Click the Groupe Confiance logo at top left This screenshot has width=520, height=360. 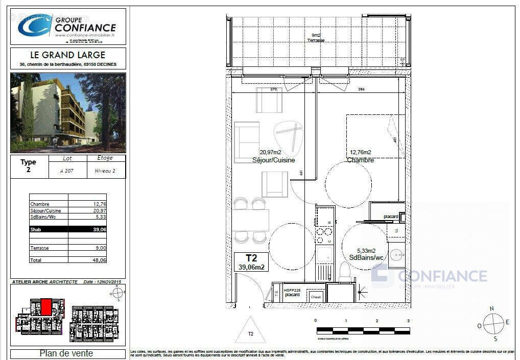pyautogui.click(x=67, y=26)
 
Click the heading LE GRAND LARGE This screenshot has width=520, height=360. pyautogui.click(x=67, y=55)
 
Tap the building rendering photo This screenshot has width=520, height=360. pyautogui.click(x=67, y=112)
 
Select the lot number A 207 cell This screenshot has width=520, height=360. pyautogui.click(x=66, y=171)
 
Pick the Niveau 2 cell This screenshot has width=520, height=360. pyautogui.click(x=105, y=171)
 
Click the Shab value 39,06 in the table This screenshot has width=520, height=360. pyautogui.click(x=99, y=230)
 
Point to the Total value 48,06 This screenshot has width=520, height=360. pyautogui.click(x=99, y=260)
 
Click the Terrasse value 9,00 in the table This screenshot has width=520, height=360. pyautogui.click(x=100, y=248)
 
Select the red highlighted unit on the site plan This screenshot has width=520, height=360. pyautogui.click(x=46, y=307)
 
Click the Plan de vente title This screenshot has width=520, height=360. pyautogui.click(x=66, y=353)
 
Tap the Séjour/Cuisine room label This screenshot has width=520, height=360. pyautogui.click(x=273, y=160)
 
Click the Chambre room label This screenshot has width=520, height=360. pyautogui.click(x=360, y=160)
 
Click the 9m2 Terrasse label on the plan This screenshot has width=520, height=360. pyautogui.click(x=315, y=38)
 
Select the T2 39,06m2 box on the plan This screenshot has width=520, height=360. pyautogui.click(x=251, y=262)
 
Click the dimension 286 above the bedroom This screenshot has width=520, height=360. pyautogui.click(x=361, y=89)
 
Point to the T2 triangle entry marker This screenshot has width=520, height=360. pyautogui.click(x=250, y=331)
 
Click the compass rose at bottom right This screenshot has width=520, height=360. pyautogui.click(x=493, y=323)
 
